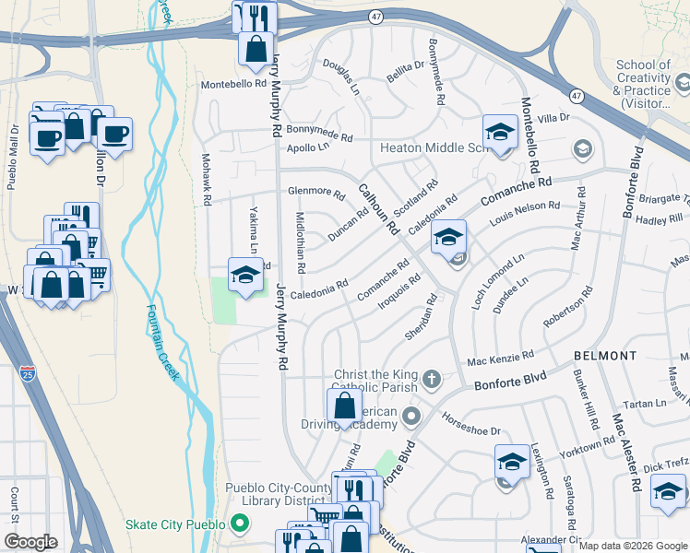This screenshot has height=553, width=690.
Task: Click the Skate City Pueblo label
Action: click(175, 524)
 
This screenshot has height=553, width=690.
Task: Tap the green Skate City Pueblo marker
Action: click(240, 524)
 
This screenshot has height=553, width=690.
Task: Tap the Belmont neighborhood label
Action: click(604, 355)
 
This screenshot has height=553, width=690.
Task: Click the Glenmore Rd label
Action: click(315, 194)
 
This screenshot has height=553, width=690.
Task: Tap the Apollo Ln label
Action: click(307, 147)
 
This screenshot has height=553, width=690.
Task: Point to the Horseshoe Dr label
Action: click(470, 426)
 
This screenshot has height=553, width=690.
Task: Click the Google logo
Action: click(30, 542)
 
